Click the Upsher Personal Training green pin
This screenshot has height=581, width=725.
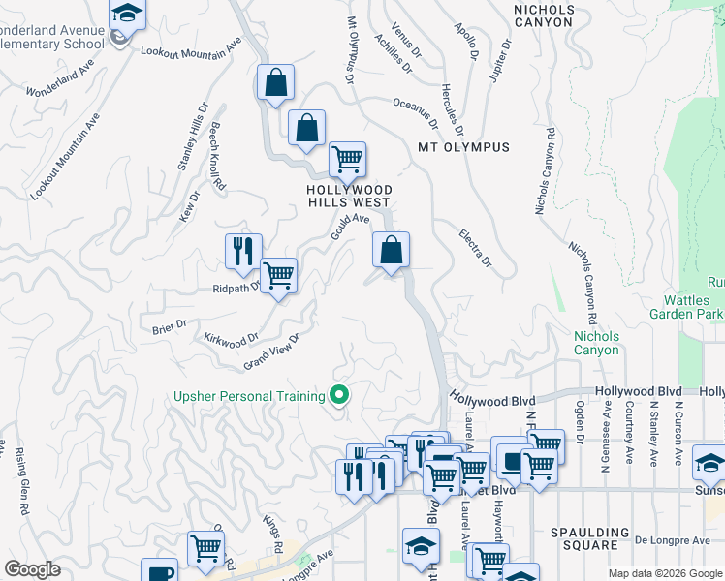pyautogui.click(x=339, y=396)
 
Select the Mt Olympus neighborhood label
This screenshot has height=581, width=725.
pyautogui.click(x=462, y=148)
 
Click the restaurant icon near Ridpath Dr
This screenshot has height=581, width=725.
pyautogui.click(x=242, y=251)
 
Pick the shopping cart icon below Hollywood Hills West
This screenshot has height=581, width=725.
pyautogui.click(x=346, y=158)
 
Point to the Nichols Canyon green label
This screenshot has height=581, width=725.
pyautogui.click(x=596, y=343)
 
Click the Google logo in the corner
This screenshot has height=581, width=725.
pyautogui.click(x=32, y=569)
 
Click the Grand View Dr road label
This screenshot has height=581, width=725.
pyautogui.click(x=270, y=352)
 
